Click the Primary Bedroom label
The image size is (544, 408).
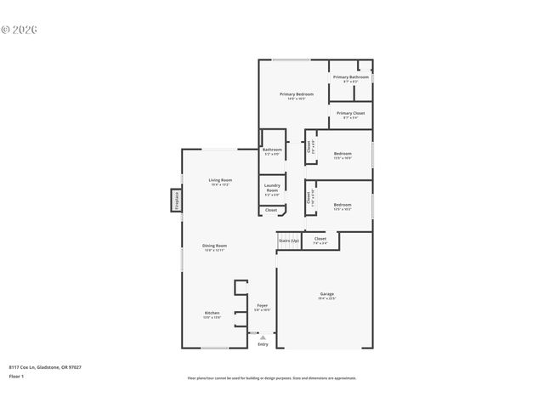[x=297, y=93]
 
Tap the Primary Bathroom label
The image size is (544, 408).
[x=350, y=77]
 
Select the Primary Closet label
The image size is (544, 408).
[x=350, y=113]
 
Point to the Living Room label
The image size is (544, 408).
[x=220, y=180]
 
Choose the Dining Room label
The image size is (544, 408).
[x=214, y=246]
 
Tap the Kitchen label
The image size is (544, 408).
[x=212, y=313]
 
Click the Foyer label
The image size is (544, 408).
[x=263, y=305]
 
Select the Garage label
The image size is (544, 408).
[x=327, y=294]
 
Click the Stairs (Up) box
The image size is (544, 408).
[x=289, y=241]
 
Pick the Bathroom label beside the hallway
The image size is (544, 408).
[x=272, y=150]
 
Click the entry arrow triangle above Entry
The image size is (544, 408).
[x=263, y=337]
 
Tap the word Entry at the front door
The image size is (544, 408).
[x=263, y=344]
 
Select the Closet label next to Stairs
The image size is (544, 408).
[x=320, y=239]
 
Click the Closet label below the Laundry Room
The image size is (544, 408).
[x=271, y=209]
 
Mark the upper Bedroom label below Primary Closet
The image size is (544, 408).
[x=343, y=156]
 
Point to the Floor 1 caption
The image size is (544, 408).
[x=16, y=376]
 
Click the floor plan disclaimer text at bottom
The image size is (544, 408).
[x=272, y=378]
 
